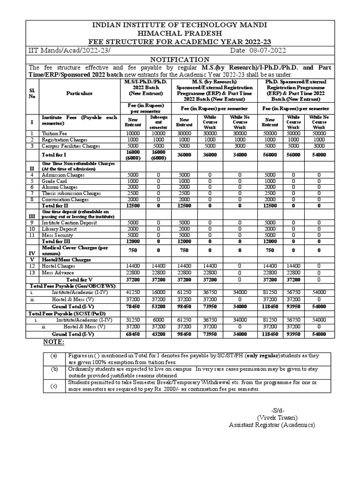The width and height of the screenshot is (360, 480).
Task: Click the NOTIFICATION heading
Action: click(x=179, y=60)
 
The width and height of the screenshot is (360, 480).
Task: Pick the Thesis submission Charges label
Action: click(x=68, y=193)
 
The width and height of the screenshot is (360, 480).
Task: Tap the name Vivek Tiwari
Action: click(x=277, y=418)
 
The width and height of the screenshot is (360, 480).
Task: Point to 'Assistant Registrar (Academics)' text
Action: click(x=272, y=425)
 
